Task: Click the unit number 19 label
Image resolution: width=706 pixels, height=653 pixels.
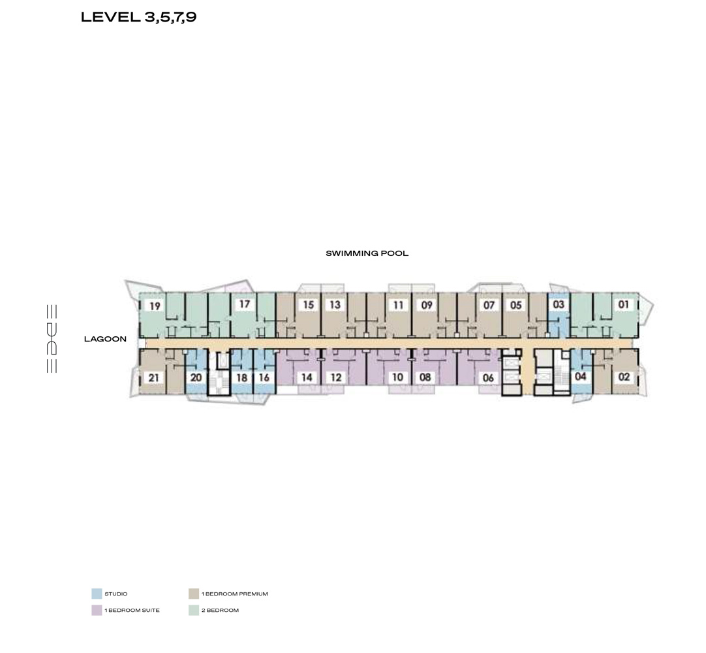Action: (155, 306)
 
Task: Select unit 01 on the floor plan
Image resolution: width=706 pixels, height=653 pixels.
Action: (623, 304)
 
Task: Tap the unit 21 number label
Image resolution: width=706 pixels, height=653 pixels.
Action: (153, 377)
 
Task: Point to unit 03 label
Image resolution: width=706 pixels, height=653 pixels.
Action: (559, 304)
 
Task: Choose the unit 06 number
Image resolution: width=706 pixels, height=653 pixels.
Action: (488, 377)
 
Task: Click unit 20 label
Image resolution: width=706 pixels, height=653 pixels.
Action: (196, 377)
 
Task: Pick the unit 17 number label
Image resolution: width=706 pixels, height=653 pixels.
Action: (245, 304)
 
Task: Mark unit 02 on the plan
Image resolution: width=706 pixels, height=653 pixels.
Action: (624, 377)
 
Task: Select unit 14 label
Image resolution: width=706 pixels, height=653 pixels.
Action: (307, 377)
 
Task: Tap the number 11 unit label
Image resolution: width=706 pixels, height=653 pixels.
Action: (398, 305)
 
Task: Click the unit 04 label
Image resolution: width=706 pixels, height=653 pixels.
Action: (580, 376)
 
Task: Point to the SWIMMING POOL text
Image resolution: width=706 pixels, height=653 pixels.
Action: (367, 253)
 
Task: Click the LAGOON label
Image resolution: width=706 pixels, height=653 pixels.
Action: (105, 339)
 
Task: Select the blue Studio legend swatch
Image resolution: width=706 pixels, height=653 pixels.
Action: (97, 594)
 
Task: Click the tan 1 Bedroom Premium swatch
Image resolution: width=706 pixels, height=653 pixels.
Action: (194, 594)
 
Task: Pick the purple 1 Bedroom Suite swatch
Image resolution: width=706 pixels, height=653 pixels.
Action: (97, 610)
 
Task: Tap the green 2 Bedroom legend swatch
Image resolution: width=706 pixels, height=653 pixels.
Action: (194, 610)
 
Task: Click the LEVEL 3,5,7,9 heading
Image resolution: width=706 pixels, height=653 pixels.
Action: (139, 17)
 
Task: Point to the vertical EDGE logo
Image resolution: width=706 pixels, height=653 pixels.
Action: (52, 339)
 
